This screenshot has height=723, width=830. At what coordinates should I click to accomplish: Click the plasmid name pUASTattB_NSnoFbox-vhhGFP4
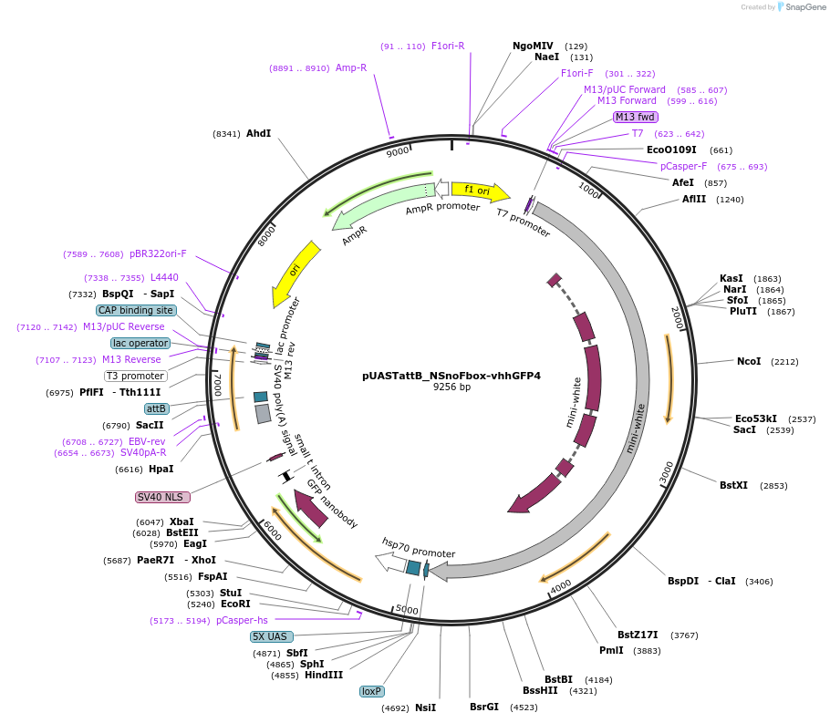click(x=451, y=375)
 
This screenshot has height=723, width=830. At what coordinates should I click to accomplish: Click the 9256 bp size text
click(x=451, y=387)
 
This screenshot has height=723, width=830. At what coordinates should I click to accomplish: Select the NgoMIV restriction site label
click(x=533, y=46)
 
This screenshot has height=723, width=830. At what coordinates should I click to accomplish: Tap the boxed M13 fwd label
click(x=635, y=117)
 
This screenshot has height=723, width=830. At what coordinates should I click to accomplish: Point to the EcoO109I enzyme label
click(x=671, y=150)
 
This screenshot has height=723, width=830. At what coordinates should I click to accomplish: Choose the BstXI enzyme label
click(x=733, y=485)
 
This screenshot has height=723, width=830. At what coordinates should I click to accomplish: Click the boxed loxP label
click(x=371, y=691)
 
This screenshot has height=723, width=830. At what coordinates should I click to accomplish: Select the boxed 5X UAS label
click(x=270, y=636)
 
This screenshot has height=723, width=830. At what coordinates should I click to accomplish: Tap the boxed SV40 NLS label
click(x=162, y=497)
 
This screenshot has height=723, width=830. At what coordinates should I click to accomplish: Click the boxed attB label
click(x=157, y=408)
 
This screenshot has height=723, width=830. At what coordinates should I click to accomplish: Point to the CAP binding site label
click(x=135, y=310)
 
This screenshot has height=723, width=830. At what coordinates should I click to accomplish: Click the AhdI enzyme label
click(x=258, y=133)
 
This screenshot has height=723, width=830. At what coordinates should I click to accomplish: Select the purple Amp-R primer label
click(x=351, y=67)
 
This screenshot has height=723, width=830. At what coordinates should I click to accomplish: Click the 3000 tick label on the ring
click(x=667, y=472)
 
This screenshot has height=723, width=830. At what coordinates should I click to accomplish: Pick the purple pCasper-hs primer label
click(x=242, y=620)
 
